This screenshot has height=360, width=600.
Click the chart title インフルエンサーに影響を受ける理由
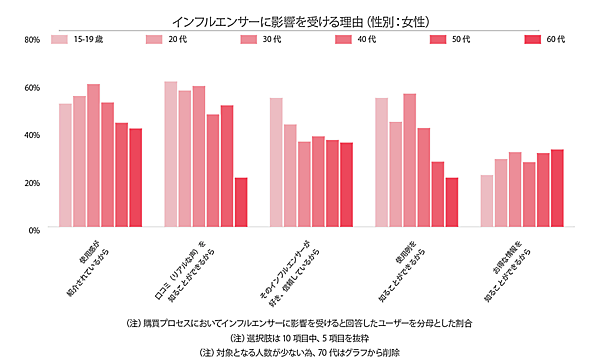[300, 17]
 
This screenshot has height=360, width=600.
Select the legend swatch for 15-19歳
[59, 40]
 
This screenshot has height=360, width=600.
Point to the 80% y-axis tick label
[31, 40]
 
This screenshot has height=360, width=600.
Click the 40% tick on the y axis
[31, 135]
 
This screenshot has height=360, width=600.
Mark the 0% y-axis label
[33, 230]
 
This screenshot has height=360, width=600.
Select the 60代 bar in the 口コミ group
[241, 203]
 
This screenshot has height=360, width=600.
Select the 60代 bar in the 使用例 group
[451, 203]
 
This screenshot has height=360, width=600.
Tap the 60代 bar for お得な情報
[557, 189]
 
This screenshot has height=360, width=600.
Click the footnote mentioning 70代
[300, 352]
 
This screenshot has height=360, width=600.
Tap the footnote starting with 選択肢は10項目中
[300, 338]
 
